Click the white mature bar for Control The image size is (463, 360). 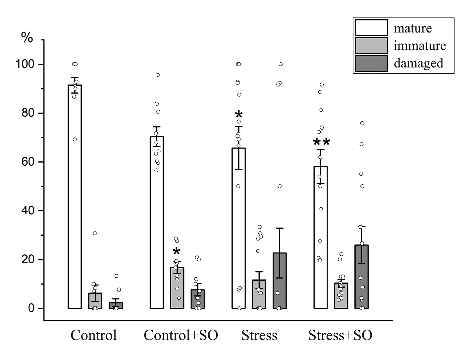(x=75, y=196)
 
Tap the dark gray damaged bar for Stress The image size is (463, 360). (x=280, y=281)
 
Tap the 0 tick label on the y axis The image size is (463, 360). (x=31, y=308)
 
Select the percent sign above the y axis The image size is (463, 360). (x=27, y=38)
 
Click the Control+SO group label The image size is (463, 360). (x=181, y=335)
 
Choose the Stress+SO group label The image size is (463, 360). (x=340, y=335)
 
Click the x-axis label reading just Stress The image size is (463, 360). (x=259, y=335)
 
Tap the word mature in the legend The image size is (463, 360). (x=413, y=28)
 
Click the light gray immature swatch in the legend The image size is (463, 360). (x=371, y=46)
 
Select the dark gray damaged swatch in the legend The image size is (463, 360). (x=371, y=63)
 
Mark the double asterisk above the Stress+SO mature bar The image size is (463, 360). (x=321, y=142)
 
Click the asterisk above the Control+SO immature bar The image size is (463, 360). (x=176, y=251)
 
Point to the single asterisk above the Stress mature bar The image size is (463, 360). (x=239, y=115)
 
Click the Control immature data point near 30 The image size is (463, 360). (x=95, y=233)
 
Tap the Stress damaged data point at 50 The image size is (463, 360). (x=280, y=186)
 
